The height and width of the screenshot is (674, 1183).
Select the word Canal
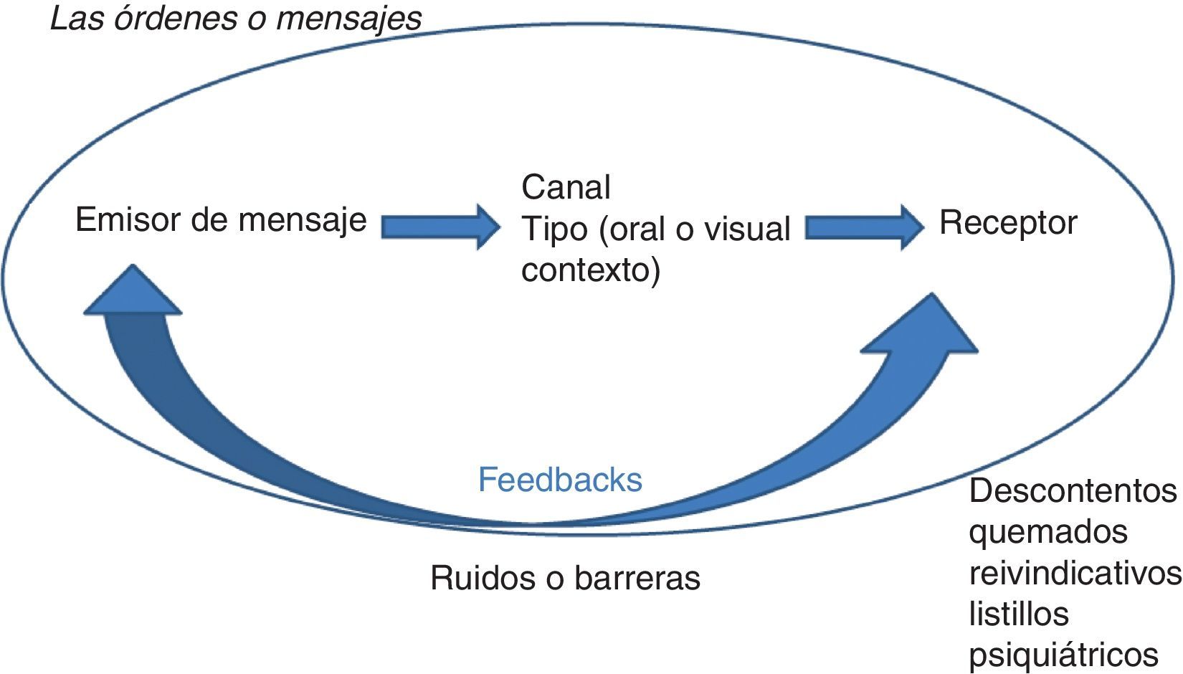[x=566, y=188]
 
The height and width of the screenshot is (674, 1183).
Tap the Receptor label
[x=1007, y=223]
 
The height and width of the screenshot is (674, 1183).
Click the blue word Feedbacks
[x=560, y=480]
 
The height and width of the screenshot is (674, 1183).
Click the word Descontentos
[x=1072, y=492]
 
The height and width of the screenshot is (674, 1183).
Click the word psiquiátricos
[x=1063, y=655]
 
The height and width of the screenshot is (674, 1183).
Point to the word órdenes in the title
[x=176, y=19]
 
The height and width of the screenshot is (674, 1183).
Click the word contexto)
[x=590, y=271]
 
